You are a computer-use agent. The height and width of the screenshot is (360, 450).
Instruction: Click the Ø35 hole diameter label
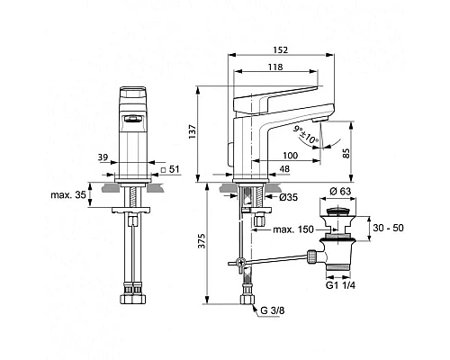(287, 196)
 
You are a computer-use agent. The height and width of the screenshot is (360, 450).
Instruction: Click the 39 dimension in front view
(105, 157)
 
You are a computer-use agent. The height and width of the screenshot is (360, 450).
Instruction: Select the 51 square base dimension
(174, 169)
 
